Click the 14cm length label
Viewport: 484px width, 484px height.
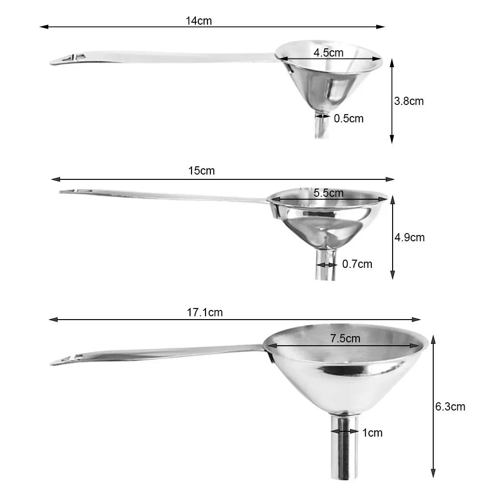click(199, 21)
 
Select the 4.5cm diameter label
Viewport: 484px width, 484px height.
click(328, 53)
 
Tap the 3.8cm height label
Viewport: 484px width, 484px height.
click(409, 101)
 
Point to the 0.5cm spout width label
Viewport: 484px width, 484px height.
click(348, 118)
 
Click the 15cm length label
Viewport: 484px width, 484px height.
click(202, 171)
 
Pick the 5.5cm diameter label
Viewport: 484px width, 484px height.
click(328, 193)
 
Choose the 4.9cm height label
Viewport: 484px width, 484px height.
click(410, 237)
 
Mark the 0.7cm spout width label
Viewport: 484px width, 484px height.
click(357, 264)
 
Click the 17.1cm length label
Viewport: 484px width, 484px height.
click(205, 312)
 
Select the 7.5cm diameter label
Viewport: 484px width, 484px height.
click(345, 338)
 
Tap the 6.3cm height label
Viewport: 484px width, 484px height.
click(450, 407)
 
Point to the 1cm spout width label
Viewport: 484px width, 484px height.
click(372, 433)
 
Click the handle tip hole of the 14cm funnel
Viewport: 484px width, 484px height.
click(72, 57)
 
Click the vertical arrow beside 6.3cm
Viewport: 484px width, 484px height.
click(433, 407)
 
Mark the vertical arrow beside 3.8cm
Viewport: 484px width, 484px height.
click(392, 101)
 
